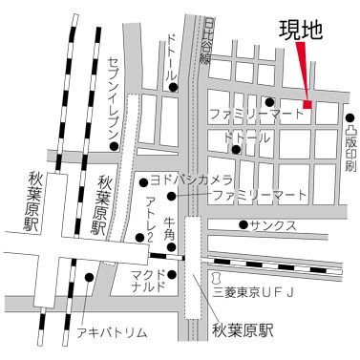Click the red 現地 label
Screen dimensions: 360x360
coord(299,29)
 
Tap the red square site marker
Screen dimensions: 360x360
coord(307,104)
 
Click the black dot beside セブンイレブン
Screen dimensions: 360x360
coord(114,147)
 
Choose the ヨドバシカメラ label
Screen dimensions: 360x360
coord(192,179)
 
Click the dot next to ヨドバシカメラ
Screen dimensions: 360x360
coord(145,180)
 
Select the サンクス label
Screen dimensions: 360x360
coord(273,226)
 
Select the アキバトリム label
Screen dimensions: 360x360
coord(111,331)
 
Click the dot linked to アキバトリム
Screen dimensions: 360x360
coord(89,277)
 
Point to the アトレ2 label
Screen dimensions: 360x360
coord(150,219)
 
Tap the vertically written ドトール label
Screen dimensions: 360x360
coord(172,59)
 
